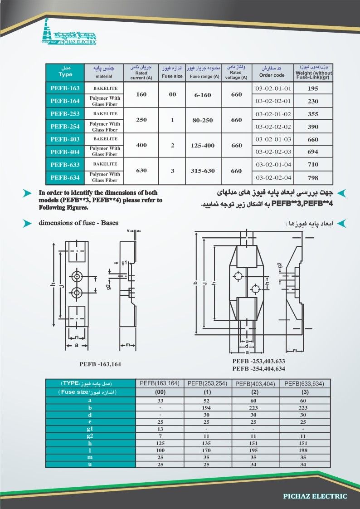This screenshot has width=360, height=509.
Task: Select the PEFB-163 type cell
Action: (65, 88)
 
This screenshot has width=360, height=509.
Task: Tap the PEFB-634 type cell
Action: (65, 177)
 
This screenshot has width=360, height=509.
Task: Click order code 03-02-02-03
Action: (273, 152)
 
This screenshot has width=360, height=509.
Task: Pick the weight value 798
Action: (313, 178)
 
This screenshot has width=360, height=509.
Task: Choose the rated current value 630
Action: (142, 171)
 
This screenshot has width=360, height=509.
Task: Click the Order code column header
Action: (272, 73)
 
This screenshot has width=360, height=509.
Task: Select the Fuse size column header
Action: (172, 73)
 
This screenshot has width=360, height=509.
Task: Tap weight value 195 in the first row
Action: (313, 88)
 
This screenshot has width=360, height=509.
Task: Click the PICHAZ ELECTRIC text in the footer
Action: (315, 496)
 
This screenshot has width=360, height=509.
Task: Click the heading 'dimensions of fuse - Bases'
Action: (78, 223)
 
